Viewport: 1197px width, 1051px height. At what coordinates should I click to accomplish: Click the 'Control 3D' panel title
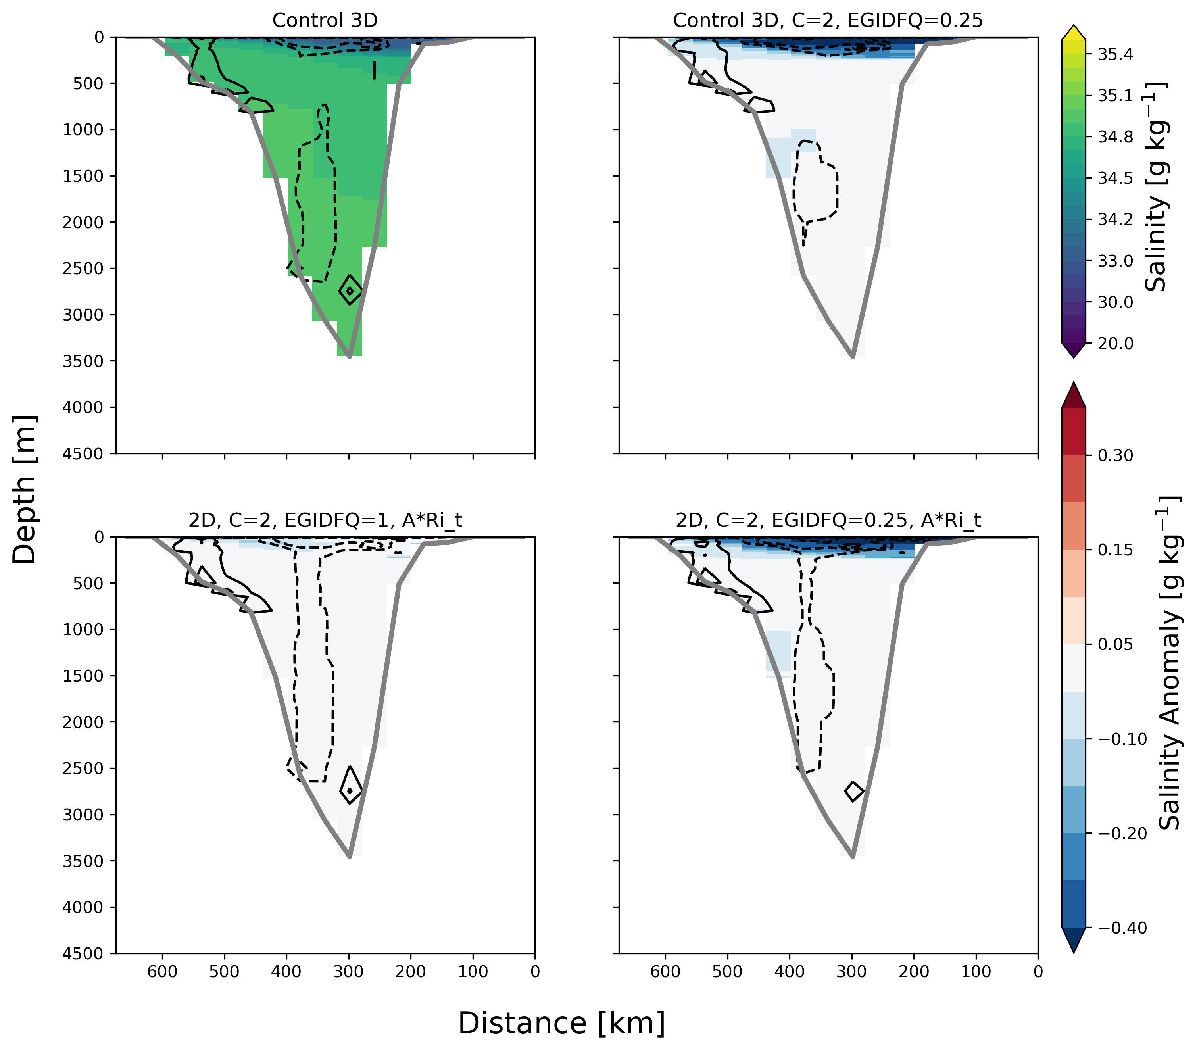tap(325, 21)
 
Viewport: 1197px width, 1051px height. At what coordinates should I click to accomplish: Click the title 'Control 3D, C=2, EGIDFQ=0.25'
tap(828, 21)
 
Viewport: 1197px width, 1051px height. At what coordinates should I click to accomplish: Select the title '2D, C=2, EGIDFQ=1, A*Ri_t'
tap(325, 520)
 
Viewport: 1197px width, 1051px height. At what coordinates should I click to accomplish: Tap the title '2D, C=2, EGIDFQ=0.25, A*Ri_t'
tap(828, 520)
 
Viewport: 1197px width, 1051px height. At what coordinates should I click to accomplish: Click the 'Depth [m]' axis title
tap(25, 490)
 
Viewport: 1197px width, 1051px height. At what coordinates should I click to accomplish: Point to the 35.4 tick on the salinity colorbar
tap(1115, 54)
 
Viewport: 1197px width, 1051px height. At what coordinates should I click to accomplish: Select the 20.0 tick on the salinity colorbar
tap(1115, 344)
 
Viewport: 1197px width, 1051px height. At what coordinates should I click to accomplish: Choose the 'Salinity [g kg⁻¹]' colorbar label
tap(1155, 186)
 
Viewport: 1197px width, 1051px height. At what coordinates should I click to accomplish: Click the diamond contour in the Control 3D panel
tap(350, 290)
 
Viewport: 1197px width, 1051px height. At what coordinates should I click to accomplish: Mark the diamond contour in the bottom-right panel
tap(854, 791)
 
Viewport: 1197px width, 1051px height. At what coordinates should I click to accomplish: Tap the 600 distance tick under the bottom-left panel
tap(162, 972)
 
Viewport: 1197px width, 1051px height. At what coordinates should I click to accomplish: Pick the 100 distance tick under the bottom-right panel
tap(976, 972)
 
